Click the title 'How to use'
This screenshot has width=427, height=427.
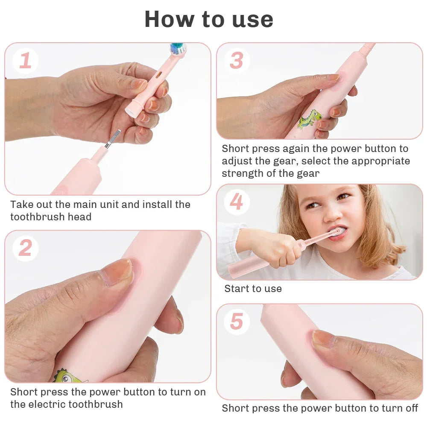(x=209, y=19)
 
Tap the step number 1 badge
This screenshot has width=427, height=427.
(x=25, y=61)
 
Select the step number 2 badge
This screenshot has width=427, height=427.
(x=25, y=248)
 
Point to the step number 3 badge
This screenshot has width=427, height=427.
(x=237, y=61)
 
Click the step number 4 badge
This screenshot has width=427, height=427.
(x=237, y=202)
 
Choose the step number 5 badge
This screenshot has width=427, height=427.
(x=237, y=322)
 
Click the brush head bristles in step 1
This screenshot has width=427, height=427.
(x=178, y=48)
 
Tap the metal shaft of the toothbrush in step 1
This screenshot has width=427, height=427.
(x=112, y=139)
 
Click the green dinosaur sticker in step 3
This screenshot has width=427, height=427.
(x=310, y=119)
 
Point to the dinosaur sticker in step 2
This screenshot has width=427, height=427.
(x=68, y=376)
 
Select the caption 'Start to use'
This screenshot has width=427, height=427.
(x=253, y=289)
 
